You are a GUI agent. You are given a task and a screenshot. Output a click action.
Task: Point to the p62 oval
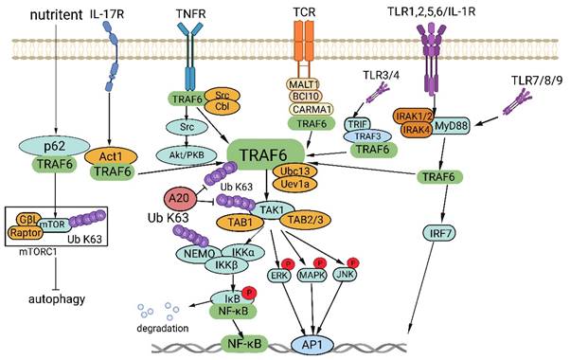click(x=58, y=147)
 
